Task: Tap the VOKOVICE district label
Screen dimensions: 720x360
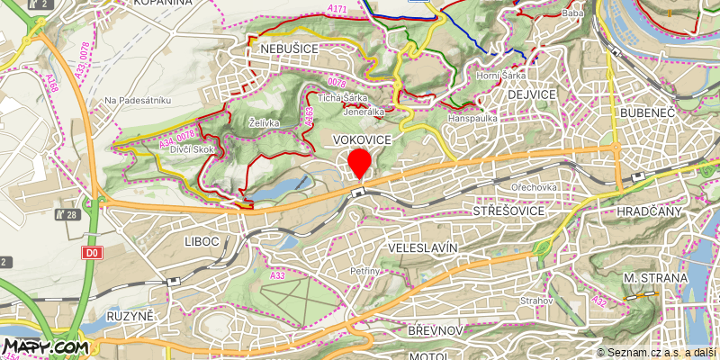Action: pos(362,140)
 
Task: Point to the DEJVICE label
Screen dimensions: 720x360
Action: pos(532,94)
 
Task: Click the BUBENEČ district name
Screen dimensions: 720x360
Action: pos(647,112)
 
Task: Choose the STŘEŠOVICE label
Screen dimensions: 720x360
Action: pos(508,210)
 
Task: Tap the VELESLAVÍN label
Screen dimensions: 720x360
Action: pos(421,247)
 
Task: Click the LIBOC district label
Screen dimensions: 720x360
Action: pos(202,242)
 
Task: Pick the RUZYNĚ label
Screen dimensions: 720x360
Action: pos(131,317)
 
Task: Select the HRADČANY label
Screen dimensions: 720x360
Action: pos(650,210)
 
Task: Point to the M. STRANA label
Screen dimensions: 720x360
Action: pos(655,278)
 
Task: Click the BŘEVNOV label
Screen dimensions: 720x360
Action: pos(435,331)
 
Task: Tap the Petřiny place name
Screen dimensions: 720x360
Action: pos(366,269)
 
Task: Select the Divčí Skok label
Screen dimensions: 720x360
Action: pos(192,149)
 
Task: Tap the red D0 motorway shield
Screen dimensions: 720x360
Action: pos(92,254)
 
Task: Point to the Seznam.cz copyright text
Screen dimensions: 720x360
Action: pos(657,353)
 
